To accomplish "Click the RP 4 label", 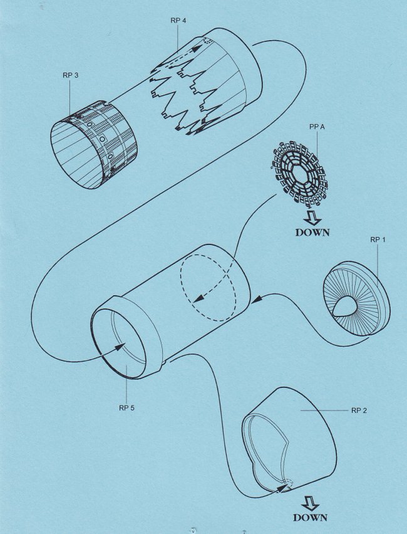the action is [x=178, y=21].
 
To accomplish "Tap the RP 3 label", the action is [x=70, y=75].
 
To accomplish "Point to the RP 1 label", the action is [x=378, y=240].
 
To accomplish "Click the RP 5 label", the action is [x=126, y=408].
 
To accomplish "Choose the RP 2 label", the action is [x=359, y=411].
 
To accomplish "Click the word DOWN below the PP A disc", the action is [x=312, y=233].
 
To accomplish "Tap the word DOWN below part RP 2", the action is [x=310, y=518].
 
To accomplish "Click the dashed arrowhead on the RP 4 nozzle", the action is [x=193, y=49].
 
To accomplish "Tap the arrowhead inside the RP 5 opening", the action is [x=120, y=347].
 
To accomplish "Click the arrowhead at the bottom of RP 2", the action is [x=281, y=489].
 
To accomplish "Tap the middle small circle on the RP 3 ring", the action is [x=101, y=140].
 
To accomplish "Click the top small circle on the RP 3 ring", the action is [x=89, y=125].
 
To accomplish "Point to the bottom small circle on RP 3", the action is [x=110, y=157].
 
